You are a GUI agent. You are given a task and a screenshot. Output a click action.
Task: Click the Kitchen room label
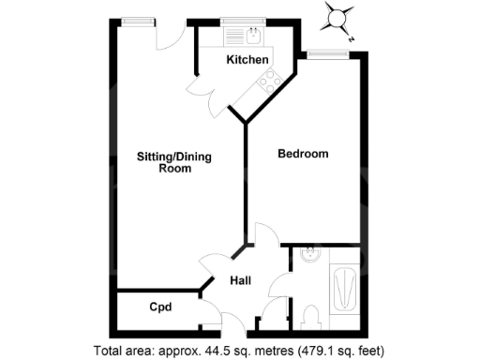247,60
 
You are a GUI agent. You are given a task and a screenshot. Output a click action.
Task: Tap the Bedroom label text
303,154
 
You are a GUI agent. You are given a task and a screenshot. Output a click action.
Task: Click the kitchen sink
254,37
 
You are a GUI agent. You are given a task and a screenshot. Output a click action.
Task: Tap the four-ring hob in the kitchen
267,82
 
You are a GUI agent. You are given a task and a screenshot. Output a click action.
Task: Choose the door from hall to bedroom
264,237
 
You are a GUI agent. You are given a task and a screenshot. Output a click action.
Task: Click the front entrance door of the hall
214,313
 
